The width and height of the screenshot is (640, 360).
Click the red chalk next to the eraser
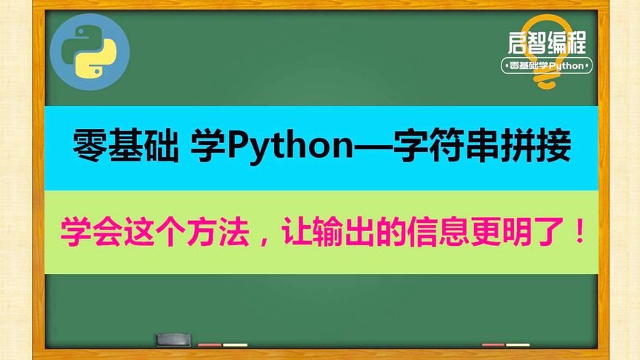click(x=210, y=344)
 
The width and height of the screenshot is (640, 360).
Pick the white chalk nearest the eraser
click(x=235, y=344)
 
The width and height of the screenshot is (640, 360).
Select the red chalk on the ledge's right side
click(x=493, y=344)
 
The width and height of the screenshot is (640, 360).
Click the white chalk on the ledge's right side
click(x=518, y=344)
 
